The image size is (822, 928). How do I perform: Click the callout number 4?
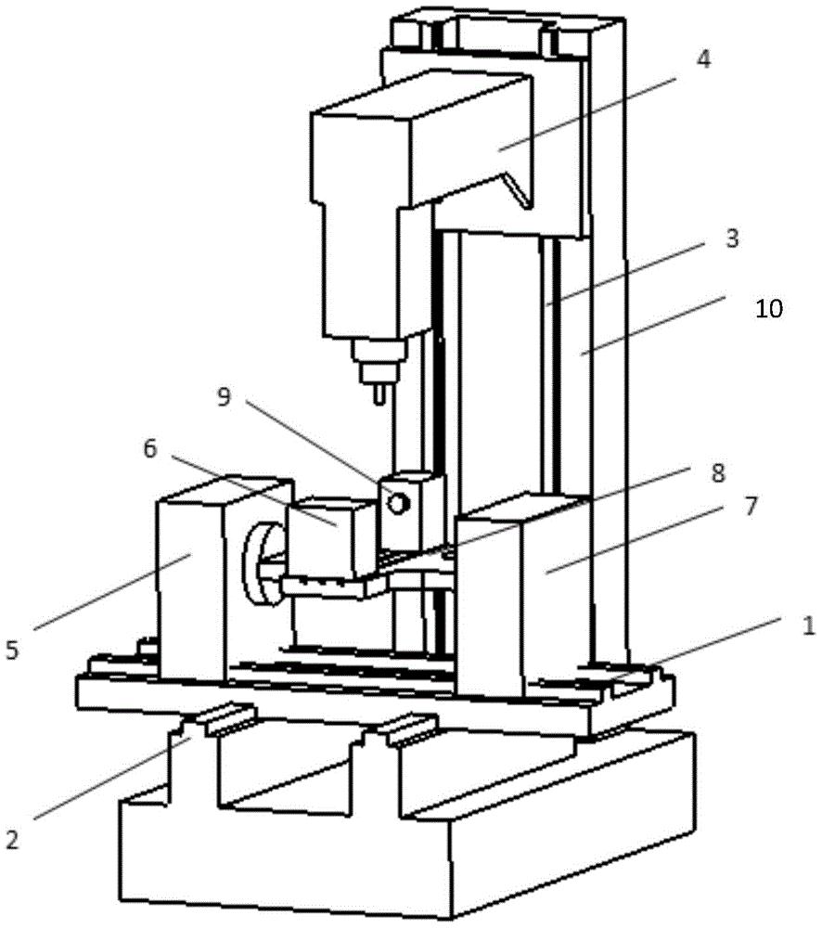(x=702, y=59)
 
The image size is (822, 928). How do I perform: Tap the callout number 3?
(x=732, y=238)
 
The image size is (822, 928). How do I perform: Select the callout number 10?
(x=769, y=308)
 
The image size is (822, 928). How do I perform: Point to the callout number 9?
(x=223, y=396)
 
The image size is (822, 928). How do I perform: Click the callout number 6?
(x=150, y=448)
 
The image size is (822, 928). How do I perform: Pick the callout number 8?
(x=718, y=473)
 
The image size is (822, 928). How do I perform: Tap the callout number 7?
(x=750, y=506)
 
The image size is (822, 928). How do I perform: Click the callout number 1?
(x=808, y=625)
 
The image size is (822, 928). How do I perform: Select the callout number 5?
(x=12, y=650)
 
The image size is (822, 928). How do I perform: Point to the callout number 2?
(x=12, y=839)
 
